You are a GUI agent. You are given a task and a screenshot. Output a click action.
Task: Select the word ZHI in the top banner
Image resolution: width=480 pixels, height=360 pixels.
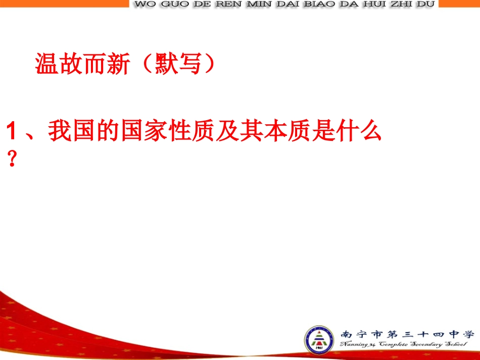(400, 4)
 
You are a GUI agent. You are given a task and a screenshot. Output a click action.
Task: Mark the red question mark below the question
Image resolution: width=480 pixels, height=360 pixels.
(13, 160)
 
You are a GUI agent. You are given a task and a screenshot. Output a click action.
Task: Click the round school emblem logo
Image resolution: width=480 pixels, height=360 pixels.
(319, 340)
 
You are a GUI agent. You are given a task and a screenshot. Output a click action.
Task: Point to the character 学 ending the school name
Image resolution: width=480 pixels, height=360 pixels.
(469, 334)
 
